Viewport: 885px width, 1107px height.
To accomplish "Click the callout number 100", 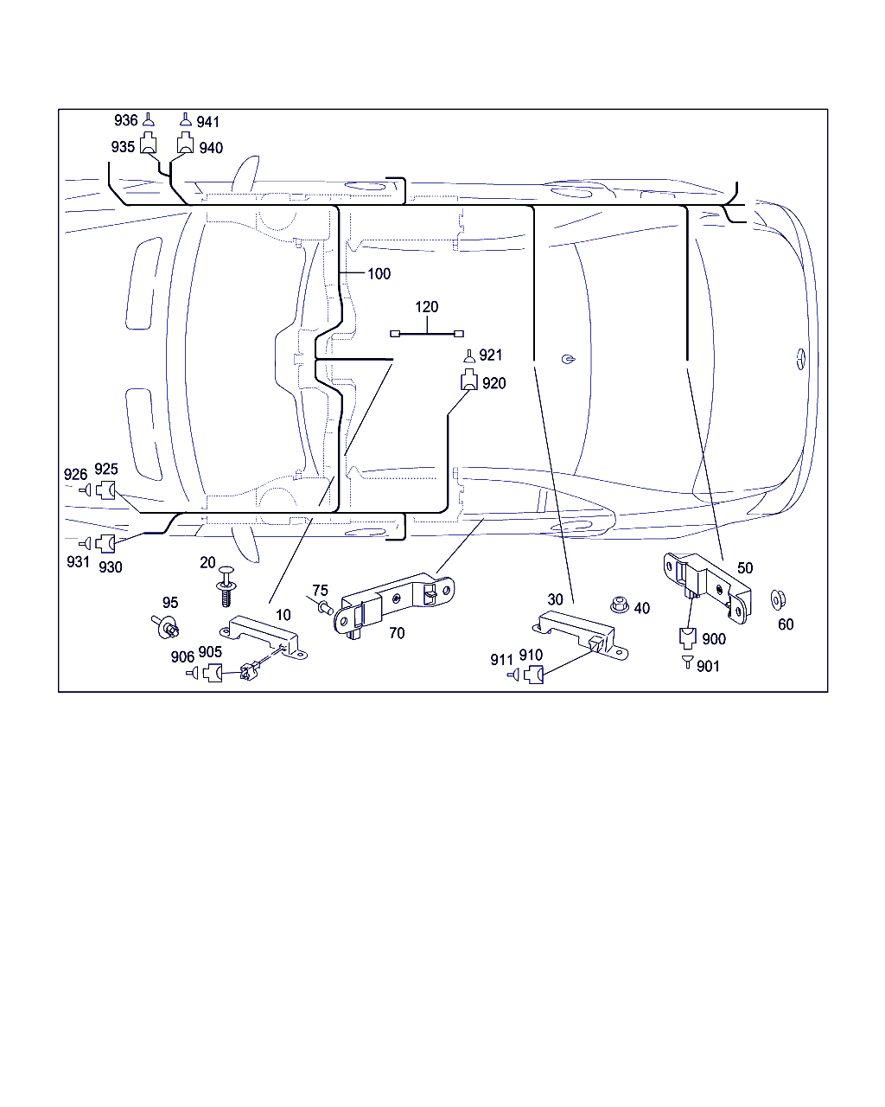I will click(379, 274).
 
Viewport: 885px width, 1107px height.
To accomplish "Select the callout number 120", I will click(427, 307).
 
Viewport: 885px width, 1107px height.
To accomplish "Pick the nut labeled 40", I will click(617, 605).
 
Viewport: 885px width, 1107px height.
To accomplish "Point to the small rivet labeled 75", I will click(327, 609).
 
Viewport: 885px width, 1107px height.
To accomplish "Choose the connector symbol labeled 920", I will click(468, 380).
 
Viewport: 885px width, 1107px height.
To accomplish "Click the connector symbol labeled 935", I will click(149, 144).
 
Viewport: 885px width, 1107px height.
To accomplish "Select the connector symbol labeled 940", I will click(185, 144).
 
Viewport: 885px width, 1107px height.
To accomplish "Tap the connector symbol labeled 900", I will click(688, 638).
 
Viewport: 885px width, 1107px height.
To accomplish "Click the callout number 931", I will click(78, 562).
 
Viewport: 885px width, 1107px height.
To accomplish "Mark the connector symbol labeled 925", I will click(105, 490).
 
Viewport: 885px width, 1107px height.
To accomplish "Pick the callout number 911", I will click(502, 660).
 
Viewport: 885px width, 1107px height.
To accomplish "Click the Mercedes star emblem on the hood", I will click(799, 359).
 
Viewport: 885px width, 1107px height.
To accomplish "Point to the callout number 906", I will click(182, 657).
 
